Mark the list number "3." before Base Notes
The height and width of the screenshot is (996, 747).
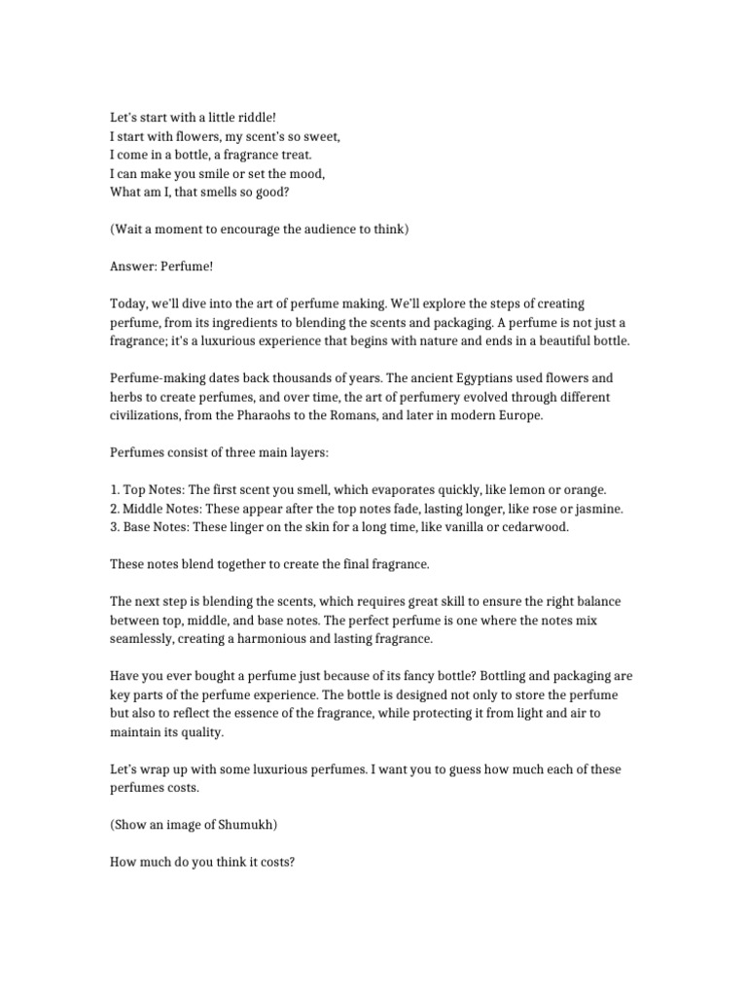pyautogui.click(x=115, y=527)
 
